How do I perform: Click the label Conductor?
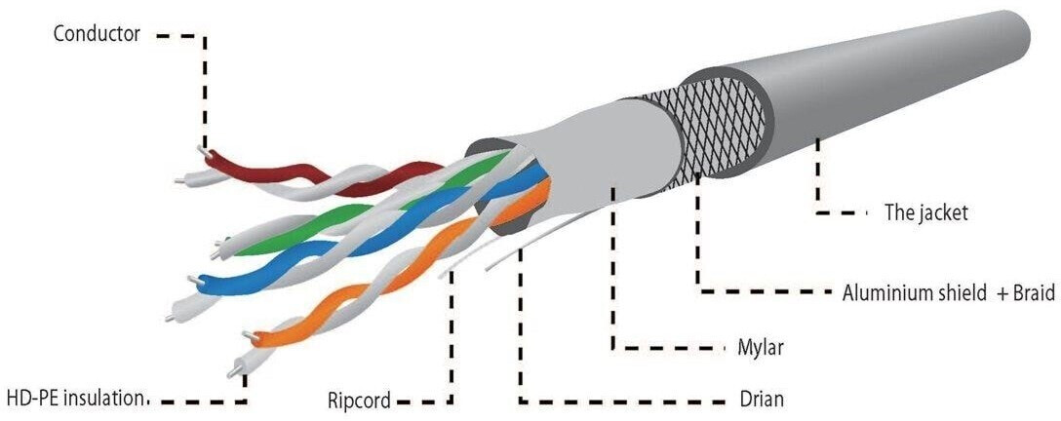(98, 34)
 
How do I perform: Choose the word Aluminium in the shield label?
(885, 292)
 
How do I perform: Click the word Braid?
(1032, 292)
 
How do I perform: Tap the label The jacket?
(925, 211)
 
